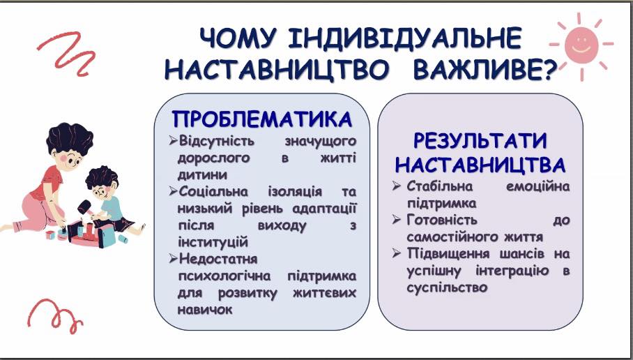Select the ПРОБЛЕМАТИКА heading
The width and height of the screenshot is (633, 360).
(x=262, y=119)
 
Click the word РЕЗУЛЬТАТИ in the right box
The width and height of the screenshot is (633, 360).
(x=480, y=141)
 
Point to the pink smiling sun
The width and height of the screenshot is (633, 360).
(x=581, y=45)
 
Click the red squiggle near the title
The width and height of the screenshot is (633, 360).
(x=68, y=53)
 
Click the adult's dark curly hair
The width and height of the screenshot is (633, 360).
(x=70, y=138)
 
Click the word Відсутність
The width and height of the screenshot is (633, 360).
(x=217, y=141)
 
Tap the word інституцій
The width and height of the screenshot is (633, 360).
(x=213, y=242)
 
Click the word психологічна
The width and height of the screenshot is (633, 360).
(x=224, y=276)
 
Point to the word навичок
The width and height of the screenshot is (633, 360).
(x=205, y=310)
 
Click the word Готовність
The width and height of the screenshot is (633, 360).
(x=442, y=220)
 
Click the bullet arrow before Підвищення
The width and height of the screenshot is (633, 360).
(x=397, y=254)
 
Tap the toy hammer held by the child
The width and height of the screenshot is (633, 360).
(x=85, y=207)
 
